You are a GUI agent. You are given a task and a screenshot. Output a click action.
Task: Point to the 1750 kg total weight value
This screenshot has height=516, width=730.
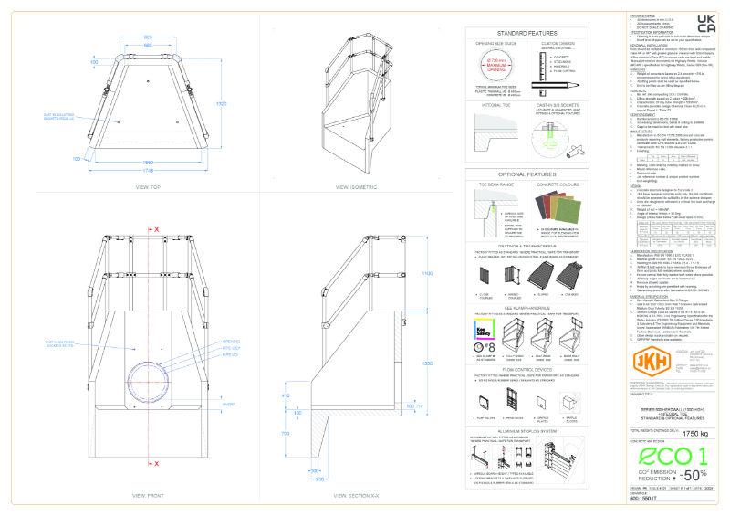coord(697,433)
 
